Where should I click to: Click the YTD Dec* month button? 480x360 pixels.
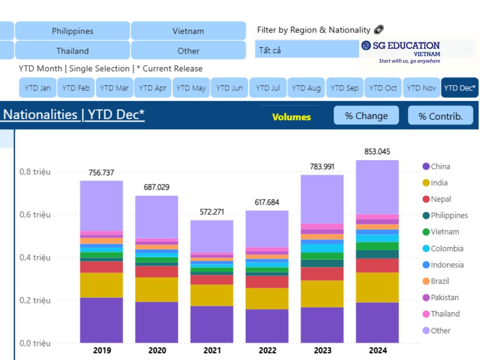point(460,88)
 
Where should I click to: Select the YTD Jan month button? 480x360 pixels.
point(38,88)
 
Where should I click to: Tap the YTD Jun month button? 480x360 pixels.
point(229,88)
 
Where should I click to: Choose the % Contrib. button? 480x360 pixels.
point(440,116)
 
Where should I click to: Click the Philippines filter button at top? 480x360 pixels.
point(72,31)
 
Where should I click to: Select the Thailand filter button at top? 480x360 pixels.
point(72,51)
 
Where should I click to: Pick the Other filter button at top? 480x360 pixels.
point(188,51)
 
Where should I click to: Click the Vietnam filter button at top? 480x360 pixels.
point(188,31)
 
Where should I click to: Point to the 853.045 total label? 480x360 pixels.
point(377,152)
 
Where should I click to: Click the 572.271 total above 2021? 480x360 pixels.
point(212,212)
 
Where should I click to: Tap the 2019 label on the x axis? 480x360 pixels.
point(102,351)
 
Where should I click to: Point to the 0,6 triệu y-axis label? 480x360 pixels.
point(35,215)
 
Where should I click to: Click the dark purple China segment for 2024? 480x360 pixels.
point(377,322)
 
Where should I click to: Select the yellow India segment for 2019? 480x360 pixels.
point(102,285)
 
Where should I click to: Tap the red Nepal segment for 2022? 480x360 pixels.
point(267,282)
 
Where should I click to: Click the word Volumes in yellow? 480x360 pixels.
point(292,117)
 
